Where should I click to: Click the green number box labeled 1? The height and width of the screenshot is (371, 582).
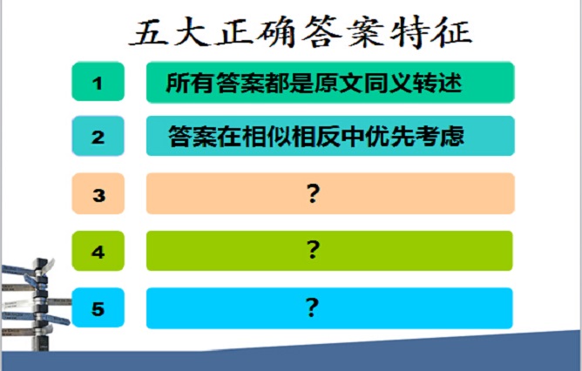tap(98, 82)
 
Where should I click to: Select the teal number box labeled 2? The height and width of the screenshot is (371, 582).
tap(98, 136)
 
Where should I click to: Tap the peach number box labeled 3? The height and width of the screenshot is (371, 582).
tap(98, 193)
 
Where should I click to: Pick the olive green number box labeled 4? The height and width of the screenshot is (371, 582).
tap(98, 251)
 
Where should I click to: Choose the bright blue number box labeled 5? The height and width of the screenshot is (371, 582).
tap(98, 307)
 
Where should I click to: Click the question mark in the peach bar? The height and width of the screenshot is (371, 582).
tap(313, 193)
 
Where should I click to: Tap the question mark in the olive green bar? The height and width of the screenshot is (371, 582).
tap(313, 250)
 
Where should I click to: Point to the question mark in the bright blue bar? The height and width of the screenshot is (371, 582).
tap(312, 307)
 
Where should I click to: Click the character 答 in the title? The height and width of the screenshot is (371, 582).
tap(321, 32)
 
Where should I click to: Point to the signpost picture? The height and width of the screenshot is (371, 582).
tap(34, 304)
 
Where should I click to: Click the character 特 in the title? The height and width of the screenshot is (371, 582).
tap(409, 32)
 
